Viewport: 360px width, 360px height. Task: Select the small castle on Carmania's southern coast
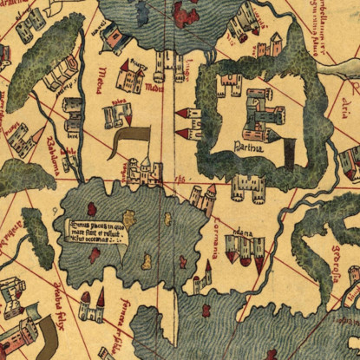pyautogui.click(x=201, y=282)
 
